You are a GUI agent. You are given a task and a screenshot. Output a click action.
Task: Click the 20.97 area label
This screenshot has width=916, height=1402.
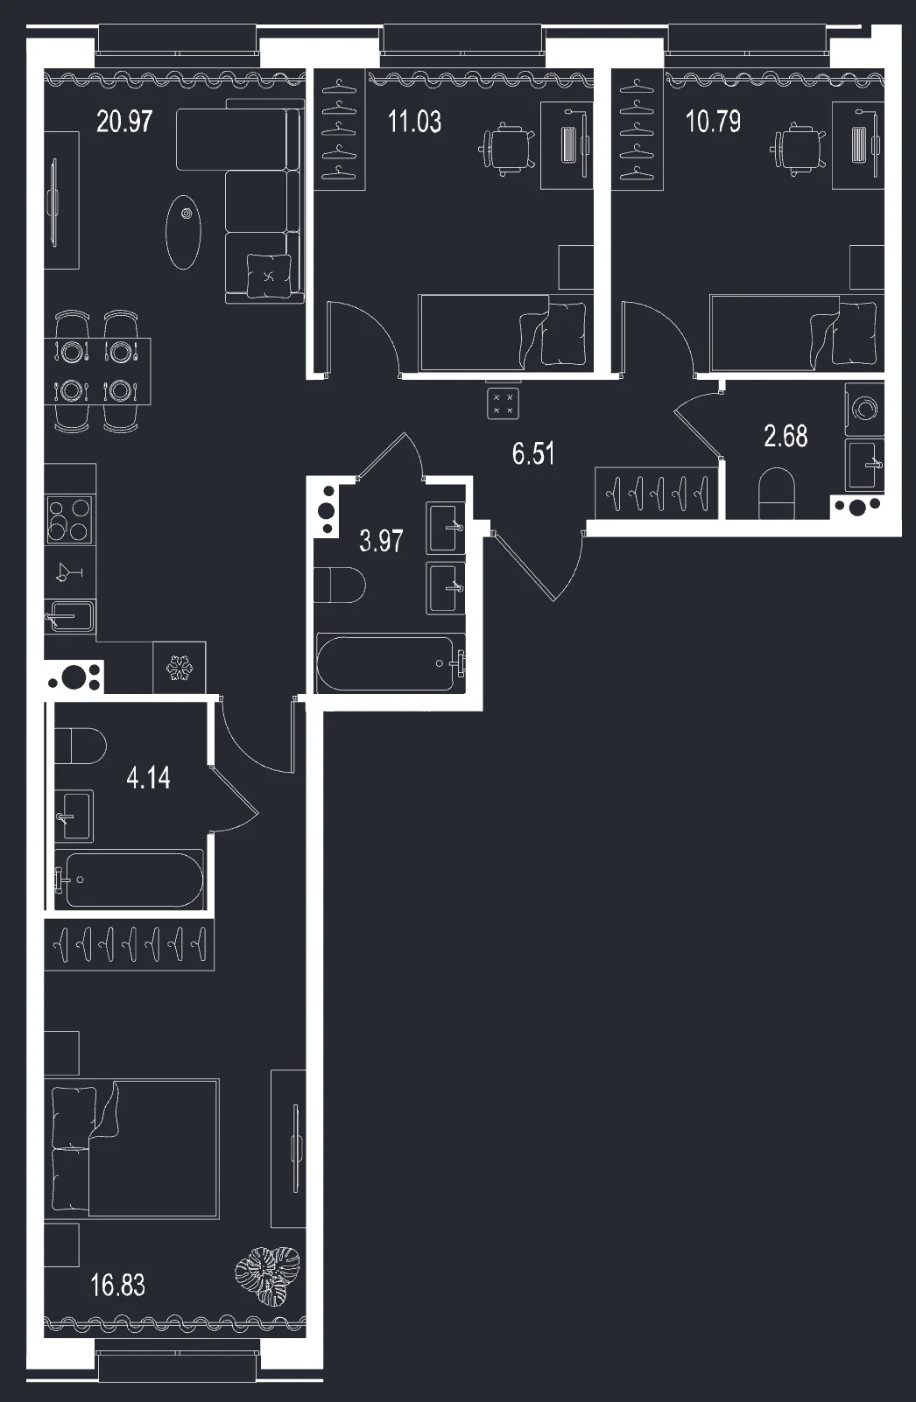pos(124,122)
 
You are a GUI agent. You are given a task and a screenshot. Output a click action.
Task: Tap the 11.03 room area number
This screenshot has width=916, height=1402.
pos(414,122)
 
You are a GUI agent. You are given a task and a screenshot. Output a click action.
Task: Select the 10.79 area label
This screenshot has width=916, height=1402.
pos(713,122)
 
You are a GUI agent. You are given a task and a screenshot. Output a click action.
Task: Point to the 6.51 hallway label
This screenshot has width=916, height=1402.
pos(533,454)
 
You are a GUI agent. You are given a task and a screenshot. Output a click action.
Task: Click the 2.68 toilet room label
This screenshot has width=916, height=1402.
pos(786,436)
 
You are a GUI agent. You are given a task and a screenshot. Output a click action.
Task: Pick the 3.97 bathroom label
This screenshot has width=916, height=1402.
pos(381,541)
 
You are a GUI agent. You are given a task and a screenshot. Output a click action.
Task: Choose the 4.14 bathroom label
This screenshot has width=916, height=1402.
pos(148,778)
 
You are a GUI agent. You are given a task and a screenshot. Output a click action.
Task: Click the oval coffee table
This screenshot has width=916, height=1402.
pos(183,232)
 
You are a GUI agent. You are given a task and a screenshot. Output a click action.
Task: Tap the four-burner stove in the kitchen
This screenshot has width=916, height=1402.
pos(69,520)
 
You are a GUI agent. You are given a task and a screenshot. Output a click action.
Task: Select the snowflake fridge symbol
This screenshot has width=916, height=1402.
pos(180,668)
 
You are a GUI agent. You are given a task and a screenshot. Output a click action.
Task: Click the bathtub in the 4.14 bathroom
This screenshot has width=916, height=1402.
pos(130,880)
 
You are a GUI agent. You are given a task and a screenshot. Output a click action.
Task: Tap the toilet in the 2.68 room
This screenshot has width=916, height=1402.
pos(777,494)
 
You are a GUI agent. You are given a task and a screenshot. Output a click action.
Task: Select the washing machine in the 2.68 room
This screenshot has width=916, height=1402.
pos(864,410)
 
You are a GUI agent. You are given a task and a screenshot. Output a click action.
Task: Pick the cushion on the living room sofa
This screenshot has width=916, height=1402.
pos(269,276)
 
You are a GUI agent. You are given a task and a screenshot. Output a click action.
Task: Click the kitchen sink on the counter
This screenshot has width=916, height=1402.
pos(70,617)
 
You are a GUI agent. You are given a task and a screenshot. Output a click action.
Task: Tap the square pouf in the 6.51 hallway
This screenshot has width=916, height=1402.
pos(503,403)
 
